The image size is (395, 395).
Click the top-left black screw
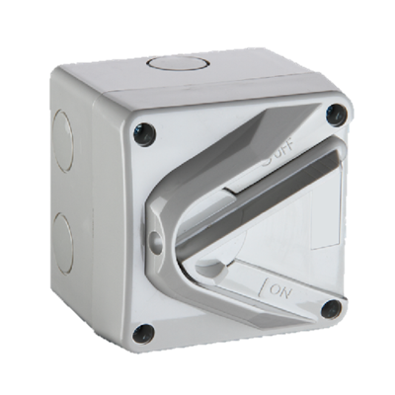(x=146, y=131)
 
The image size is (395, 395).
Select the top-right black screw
(x=336, y=115)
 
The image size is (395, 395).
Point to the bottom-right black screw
(x=331, y=309)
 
